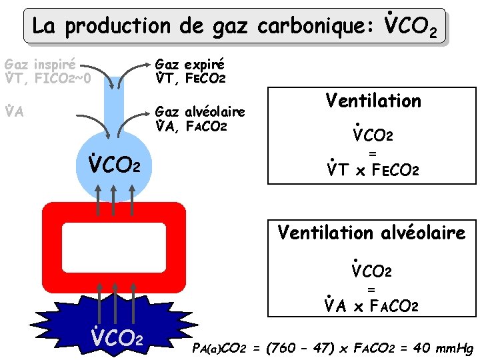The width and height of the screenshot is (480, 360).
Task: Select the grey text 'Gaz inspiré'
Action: pos(39,65)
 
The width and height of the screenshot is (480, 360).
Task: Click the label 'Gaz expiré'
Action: pos(189,65)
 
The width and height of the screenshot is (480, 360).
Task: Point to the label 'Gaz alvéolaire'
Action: pos(200,111)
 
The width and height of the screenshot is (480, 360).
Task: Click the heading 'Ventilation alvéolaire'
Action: pos(371,233)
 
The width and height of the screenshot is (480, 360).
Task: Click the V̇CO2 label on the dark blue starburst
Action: pos(117,337)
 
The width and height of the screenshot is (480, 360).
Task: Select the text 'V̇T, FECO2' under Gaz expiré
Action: pos(190,79)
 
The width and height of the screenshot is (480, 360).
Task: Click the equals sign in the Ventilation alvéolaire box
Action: pos(371,289)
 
